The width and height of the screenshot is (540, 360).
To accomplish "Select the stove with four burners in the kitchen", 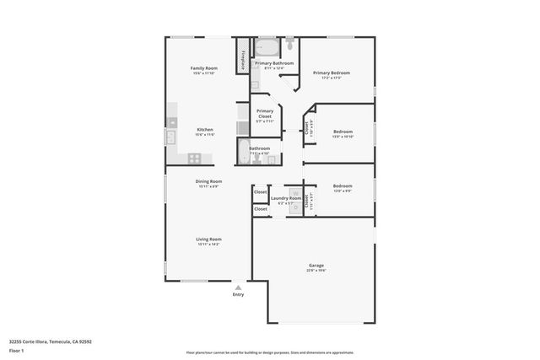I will [194, 158].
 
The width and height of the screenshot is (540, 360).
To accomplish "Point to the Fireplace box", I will [243, 60].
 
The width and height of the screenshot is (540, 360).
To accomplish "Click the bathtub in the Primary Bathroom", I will [267, 46].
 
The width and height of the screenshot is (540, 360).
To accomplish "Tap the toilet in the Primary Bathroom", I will [289, 41].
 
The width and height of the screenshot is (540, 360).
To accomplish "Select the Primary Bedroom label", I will [332, 73].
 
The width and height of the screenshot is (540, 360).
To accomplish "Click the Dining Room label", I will [208, 181].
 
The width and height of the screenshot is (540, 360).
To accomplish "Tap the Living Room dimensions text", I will [208, 244].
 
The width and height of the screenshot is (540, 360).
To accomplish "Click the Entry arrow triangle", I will [238, 287].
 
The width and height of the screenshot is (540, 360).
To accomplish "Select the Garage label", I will [316, 265].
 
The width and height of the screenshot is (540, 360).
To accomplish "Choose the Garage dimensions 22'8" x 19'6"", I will [316, 271].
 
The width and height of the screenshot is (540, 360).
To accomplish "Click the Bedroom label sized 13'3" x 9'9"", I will [343, 185].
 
